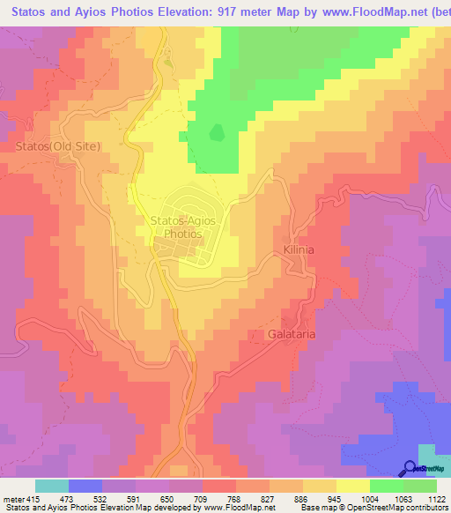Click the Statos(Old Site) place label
tap(58, 145)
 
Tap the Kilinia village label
tap(299, 250)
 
